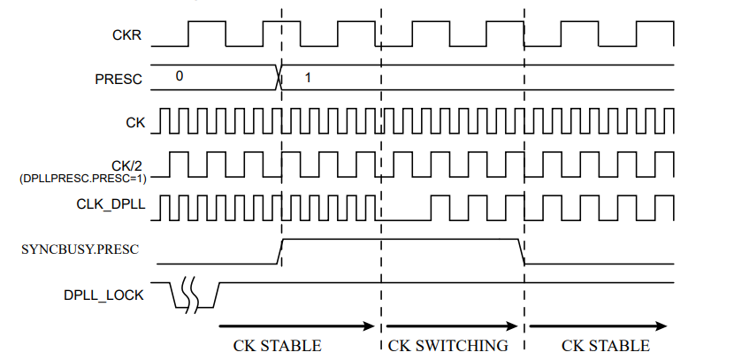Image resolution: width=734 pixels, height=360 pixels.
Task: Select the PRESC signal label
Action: (119, 78)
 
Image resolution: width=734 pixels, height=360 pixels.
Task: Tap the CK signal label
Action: (133, 121)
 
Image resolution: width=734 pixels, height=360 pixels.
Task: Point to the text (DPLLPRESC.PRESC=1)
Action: (82, 178)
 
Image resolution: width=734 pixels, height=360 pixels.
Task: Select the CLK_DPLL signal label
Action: (111, 207)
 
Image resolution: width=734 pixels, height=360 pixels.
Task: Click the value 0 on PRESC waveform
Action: (179, 76)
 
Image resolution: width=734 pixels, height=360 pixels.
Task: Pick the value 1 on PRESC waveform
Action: (308, 77)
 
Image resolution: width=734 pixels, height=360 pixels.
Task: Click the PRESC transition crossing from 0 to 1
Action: (280, 76)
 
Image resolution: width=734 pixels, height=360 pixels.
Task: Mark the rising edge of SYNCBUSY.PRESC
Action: (280, 250)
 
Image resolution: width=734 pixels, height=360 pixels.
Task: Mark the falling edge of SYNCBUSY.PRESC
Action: (522, 250)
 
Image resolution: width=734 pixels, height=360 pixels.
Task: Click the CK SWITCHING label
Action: (448, 345)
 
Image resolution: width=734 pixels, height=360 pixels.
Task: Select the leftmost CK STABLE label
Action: (277, 345)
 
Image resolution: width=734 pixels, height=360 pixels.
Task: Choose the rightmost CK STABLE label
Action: (605, 345)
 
